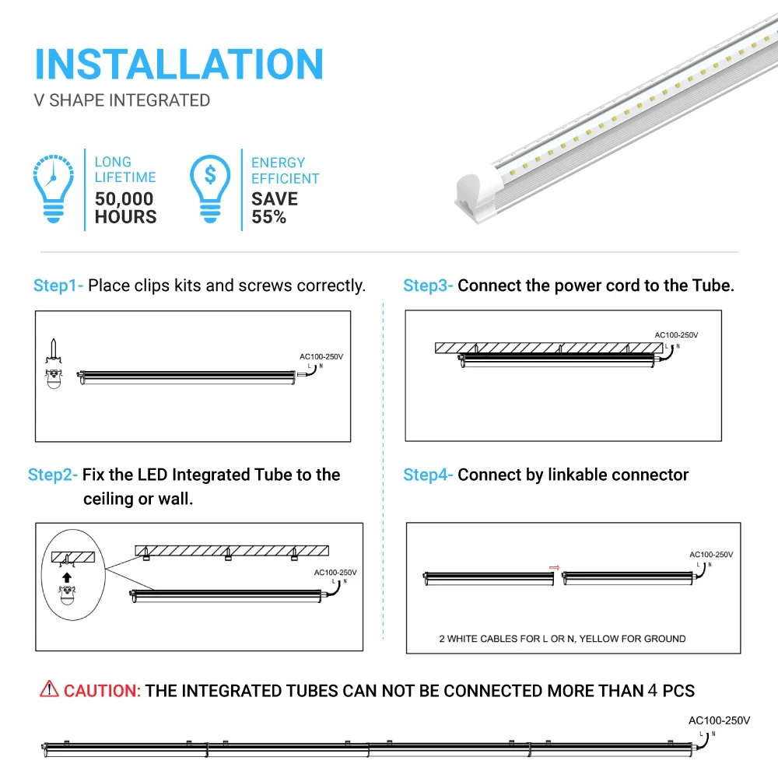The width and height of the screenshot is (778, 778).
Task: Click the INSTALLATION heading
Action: point(179,64)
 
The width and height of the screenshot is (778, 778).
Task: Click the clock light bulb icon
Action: point(53,189)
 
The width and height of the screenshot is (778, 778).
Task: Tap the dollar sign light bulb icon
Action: point(210,189)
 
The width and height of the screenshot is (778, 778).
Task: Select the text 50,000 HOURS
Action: point(125,208)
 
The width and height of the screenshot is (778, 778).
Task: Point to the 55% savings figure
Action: point(268,217)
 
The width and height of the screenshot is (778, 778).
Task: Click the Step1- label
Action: point(58,286)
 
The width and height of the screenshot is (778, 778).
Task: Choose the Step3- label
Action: point(428,286)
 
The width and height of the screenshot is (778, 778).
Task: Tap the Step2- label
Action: point(53,475)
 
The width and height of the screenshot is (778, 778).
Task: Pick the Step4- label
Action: point(428,475)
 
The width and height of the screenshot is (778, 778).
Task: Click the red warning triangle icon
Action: point(49,689)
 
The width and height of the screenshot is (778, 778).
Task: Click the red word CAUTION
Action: point(102,690)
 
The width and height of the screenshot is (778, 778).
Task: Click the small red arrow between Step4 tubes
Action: point(555,568)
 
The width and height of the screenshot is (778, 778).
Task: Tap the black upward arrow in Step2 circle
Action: point(67,577)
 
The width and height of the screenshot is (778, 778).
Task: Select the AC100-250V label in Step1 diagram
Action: point(321,356)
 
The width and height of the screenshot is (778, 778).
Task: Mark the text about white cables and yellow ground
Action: point(562,639)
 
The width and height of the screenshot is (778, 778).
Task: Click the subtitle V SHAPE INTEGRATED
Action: point(122,100)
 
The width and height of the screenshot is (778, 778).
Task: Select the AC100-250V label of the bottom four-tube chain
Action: point(720,720)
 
